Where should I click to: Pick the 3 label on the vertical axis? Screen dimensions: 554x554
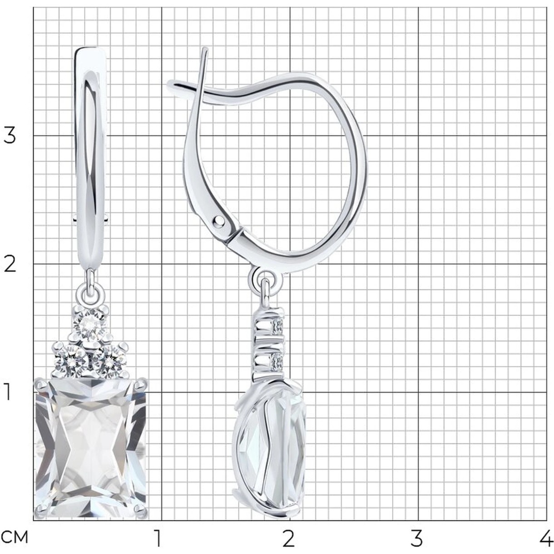10,136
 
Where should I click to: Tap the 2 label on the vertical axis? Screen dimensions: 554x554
10,264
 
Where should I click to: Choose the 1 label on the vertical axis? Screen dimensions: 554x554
7,392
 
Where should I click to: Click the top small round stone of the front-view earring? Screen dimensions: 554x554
90,326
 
